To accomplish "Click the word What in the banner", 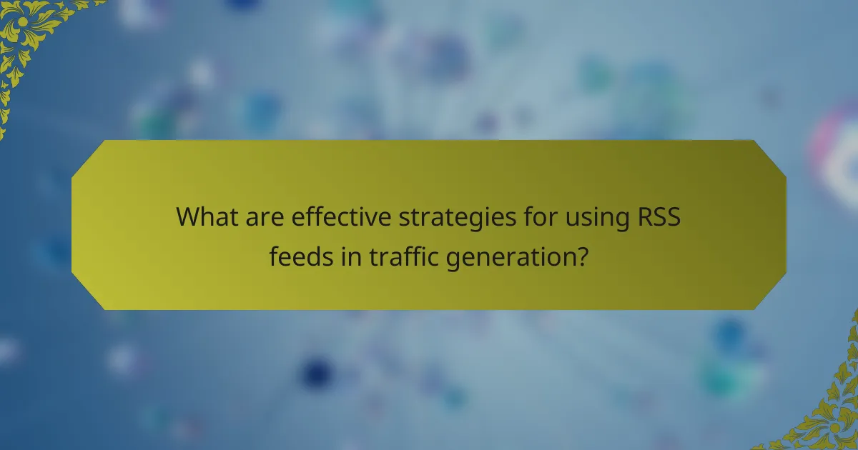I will (207, 216).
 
